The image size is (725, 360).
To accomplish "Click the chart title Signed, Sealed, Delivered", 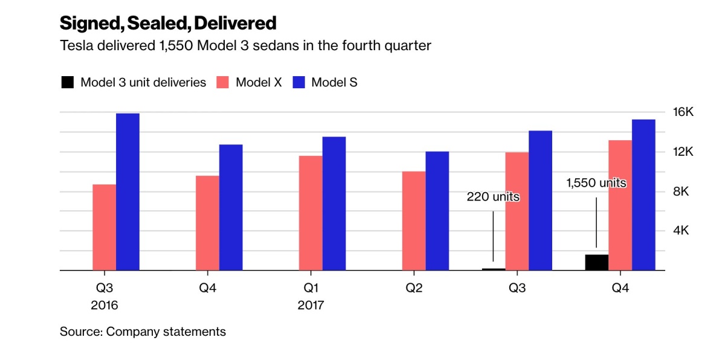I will [x=168, y=24].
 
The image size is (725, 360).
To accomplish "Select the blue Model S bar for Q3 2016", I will [x=127, y=192].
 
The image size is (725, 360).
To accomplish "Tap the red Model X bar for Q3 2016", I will [x=105, y=228].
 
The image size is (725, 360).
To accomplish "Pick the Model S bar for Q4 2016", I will [x=231, y=208].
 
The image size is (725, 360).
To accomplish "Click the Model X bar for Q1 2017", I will [x=311, y=213].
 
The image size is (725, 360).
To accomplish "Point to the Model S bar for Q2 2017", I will [x=437, y=211].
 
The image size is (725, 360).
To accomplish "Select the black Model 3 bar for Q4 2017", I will [x=597, y=263].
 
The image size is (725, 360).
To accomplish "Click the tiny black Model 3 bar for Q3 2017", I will [x=494, y=269].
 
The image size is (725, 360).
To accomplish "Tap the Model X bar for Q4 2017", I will [x=620, y=205].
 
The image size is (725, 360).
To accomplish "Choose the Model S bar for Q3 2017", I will [x=540, y=201].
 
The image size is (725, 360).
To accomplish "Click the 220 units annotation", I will [x=493, y=197].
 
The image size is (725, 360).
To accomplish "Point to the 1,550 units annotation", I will [x=596, y=182].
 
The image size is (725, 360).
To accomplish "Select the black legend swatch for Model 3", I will [x=68, y=83].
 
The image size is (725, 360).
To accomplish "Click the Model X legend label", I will [x=259, y=83].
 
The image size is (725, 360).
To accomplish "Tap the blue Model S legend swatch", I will [x=298, y=83].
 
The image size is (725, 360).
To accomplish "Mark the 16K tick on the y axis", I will [x=684, y=112].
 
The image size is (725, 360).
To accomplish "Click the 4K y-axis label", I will [x=684, y=231].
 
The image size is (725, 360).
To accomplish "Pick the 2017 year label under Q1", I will [x=311, y=306].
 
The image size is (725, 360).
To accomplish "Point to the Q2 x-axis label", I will [x=414, y=288].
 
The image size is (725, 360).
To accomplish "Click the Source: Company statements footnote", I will [x=143, y=332].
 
